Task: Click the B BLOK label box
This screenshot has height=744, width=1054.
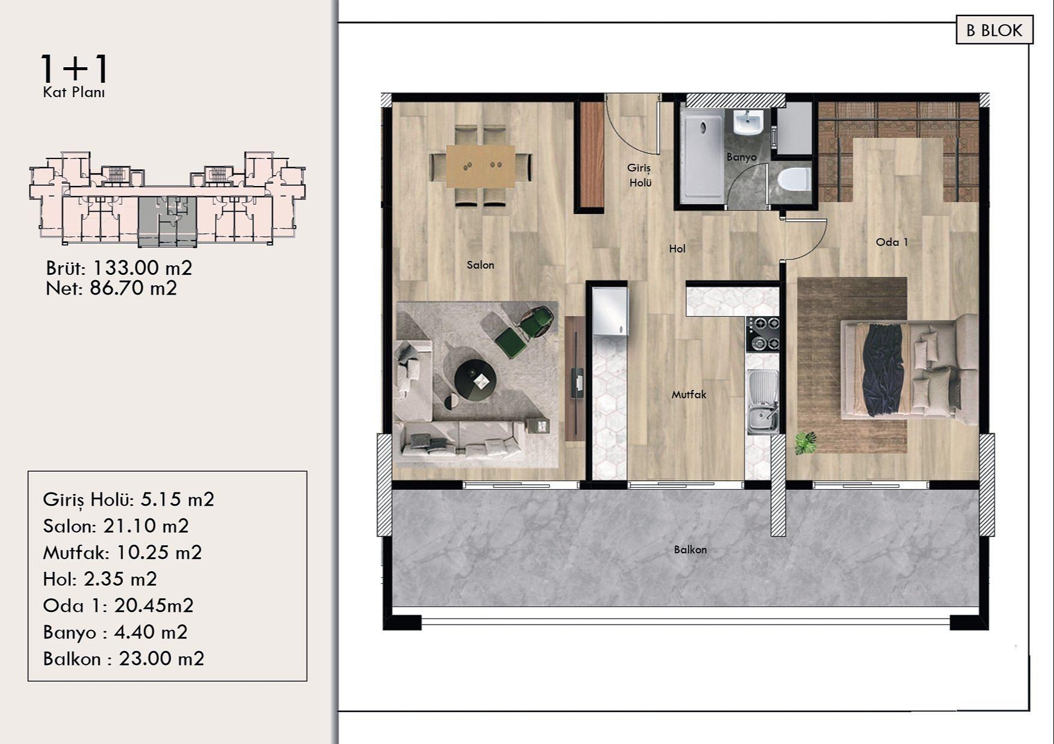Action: pos(994,31)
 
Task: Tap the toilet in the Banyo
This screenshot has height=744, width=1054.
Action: pos(795,179)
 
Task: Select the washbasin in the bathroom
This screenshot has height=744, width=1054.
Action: pos(748,123)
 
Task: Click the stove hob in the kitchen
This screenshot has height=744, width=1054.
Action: pos(763,334)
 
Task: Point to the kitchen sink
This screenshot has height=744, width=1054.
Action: pos(763,401)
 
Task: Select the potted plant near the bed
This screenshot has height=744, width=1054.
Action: pos(805,443)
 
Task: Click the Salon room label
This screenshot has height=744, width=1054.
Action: pos(480,265)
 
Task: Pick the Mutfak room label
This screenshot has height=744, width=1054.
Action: pos(689,394)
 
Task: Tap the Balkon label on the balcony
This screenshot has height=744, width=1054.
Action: pos(690,549)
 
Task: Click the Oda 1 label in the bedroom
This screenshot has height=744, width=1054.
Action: pos(891,242)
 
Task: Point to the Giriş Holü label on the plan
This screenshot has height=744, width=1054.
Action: pos(640,175)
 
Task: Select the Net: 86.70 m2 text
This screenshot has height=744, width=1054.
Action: pos(111,289)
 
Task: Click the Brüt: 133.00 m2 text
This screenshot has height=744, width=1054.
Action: pos(119,268)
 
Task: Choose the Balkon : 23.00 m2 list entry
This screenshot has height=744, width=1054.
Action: pos(124,659)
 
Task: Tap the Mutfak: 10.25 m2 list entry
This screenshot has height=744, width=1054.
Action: pos(123,552)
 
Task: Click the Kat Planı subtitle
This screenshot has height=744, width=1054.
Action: pos(74,92)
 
